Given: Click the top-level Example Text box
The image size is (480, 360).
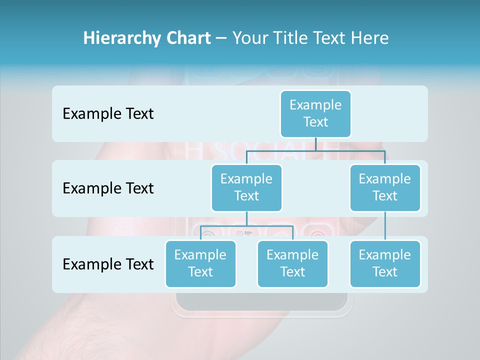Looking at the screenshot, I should point(315,113).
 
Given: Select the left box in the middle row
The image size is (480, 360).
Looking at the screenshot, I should point(246,187).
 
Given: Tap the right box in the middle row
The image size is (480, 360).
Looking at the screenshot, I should point(385,187).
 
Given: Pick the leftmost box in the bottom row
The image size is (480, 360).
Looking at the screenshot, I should point(200,263).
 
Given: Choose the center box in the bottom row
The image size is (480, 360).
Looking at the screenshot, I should point(292,263).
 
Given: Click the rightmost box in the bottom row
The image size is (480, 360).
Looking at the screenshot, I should point(385,263).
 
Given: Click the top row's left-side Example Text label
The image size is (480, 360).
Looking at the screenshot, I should point(108,114).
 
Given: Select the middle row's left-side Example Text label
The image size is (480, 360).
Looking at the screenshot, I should point(108,188).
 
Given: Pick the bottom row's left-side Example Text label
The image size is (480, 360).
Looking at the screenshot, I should point(108,264).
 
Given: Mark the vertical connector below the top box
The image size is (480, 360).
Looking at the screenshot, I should point(315,144).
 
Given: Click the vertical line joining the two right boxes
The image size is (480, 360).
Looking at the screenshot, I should point(385,226).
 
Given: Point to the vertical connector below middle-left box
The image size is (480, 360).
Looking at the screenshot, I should point(246,218).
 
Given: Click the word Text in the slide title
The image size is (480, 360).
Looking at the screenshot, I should point(331,38).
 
